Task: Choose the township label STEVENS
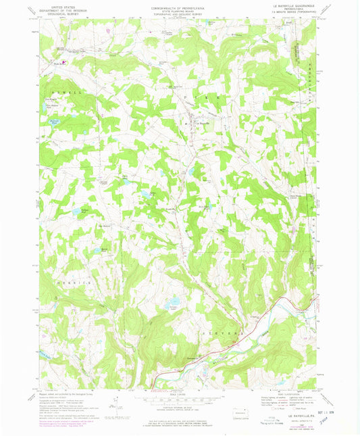pyautogui.click(x=218, y=334)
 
